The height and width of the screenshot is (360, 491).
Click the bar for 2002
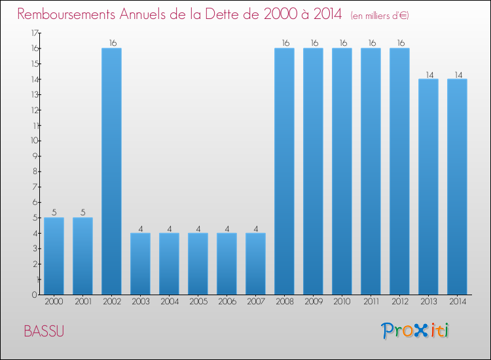[111, 171]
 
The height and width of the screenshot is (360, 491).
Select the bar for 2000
[54, 255]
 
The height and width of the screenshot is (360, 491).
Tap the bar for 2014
[457, 187]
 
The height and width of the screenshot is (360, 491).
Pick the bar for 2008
[284, 171]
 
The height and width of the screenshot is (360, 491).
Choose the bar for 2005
[198, 263]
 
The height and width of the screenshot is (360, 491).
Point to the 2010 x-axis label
[342, 302]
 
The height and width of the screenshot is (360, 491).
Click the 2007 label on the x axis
[255, 302]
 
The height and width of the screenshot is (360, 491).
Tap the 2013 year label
[428, 302]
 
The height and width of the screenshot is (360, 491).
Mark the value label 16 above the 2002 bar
[111, 43]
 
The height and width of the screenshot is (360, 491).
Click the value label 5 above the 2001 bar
[82, 212]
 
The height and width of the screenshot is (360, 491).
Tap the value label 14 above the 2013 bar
[428, 74]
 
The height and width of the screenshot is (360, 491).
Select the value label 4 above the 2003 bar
[140, 228]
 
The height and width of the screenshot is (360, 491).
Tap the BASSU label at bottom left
[44, 331]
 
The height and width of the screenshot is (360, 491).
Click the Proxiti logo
[416, 331]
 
